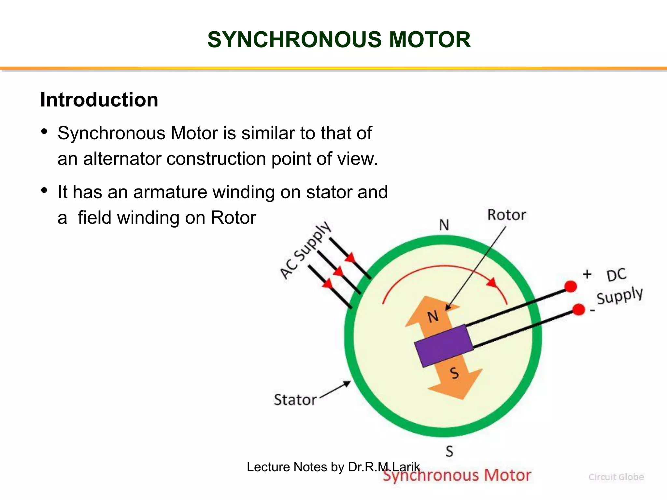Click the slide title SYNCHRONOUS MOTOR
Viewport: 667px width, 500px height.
[x=339, y=40]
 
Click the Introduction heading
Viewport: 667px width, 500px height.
[x=99, y=100]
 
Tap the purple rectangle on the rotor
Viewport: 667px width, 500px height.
[x=444, y=346]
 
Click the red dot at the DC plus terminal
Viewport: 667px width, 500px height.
[x=570, y=286]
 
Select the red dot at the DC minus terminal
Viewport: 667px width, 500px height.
[x=578, y=310]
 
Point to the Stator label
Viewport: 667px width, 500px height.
[x=295, y=400]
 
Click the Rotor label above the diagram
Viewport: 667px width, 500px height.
[x=506, y=215]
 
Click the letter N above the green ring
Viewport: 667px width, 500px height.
[x=444, y=225]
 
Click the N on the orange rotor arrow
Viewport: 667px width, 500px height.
[x=433, y=316]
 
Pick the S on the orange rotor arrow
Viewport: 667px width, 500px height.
[x=454, y=373]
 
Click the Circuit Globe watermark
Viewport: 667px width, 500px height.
[x=616, y=477]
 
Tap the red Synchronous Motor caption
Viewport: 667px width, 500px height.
[x=457, y=476]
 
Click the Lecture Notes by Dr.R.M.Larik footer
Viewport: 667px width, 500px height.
[x=333, y=467]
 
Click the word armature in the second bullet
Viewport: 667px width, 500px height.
[x=170, y=192]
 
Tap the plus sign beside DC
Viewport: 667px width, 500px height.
[x=587, y=274]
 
